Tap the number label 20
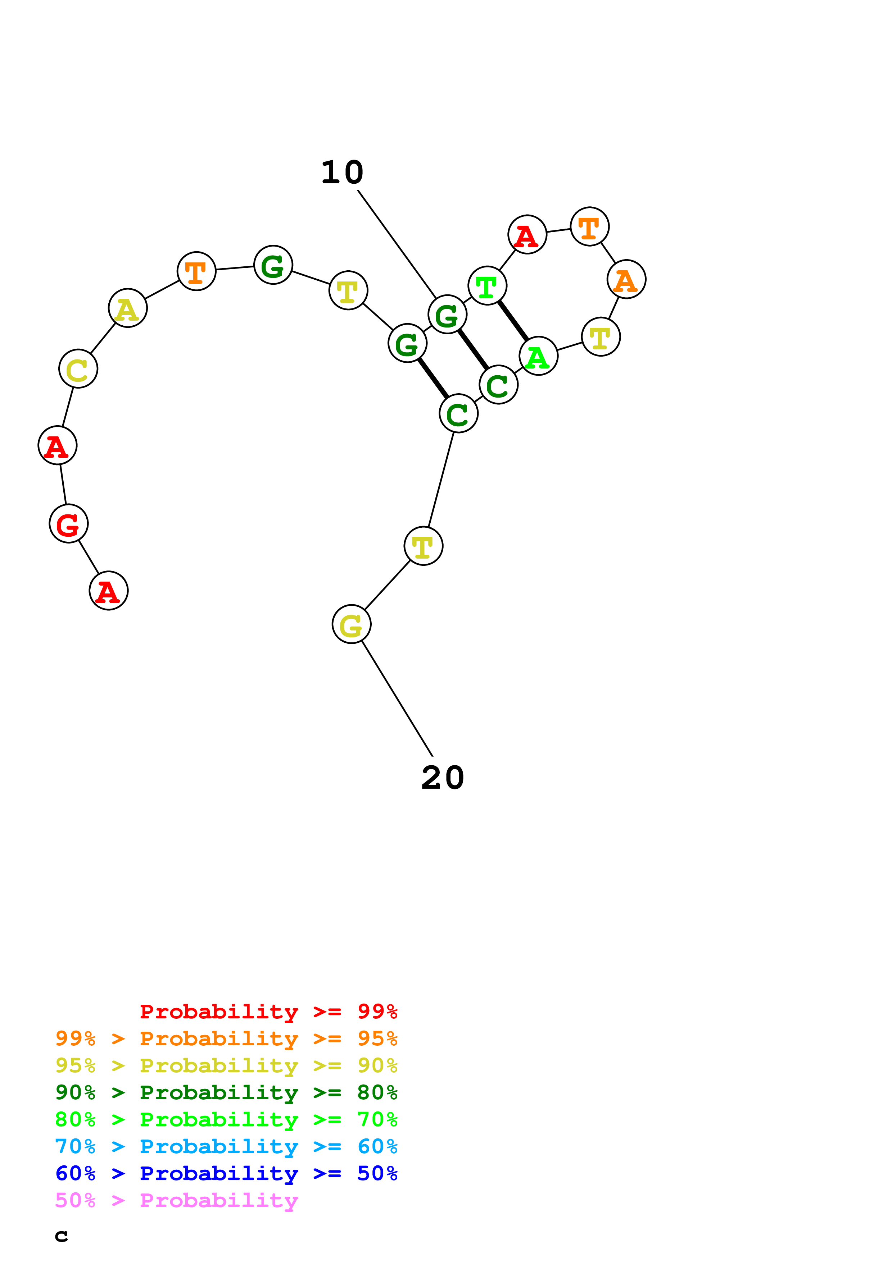[x=443, y=778]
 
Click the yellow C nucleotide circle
[x=78, y=368]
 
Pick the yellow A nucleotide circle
[x=127, y=308]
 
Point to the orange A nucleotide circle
[x=626, y=280]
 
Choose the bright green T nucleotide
[x=487, y=285]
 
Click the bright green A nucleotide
[x=538, y=356]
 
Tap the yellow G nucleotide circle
[x=351, y=624]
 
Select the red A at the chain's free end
[x=108, y=591]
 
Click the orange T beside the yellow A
[x=196, y=271]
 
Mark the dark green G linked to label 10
[x=447, y=314]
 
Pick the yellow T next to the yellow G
[x=423, y=546]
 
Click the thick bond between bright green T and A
[x=513, y=321]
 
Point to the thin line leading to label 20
[x=397, y=698]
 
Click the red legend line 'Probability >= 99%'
[x=268, y=1011]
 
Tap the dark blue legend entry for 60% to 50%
[x=226, y=1173]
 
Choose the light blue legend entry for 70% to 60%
[x=226, y=1146]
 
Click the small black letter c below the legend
[x=62, y=1236]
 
